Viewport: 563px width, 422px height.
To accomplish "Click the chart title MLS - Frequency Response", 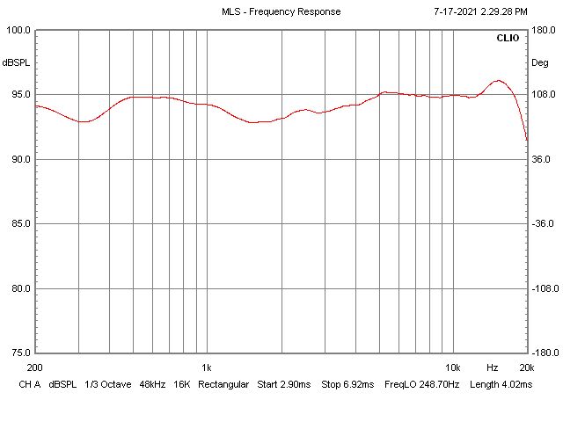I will pyautogui.click(x=281, y=12).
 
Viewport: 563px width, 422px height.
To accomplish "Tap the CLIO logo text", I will pyautogui.click(x=508, y=39).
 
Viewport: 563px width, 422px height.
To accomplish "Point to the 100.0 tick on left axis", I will pyautogui.click(x=18, y=30).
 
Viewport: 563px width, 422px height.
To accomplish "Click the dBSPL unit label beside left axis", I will pyautogui.click(x=16, y=62).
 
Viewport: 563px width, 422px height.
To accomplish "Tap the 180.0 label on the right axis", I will pyautogui.click(x=541, y=30).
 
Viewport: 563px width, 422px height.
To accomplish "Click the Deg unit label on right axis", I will pyautogui.click(x=539, y=62).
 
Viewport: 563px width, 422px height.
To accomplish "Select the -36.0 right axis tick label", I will pyautogui.click(x=541, y=224).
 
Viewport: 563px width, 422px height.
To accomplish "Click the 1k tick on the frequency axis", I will pyautogui.click(x=207, y=367).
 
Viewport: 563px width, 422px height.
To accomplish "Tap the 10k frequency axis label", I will pyautogui.click(x=453, y=367).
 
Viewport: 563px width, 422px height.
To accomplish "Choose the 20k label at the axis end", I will pyautogui.click(x=526, y=367).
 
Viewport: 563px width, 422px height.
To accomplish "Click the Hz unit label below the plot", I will pyautogui.click(x=493, y=367).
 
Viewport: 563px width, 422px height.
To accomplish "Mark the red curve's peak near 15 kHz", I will pyautogui.click(x=498, y=80).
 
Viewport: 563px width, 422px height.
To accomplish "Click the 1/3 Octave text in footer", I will pyautogui.click(x=102, y=385).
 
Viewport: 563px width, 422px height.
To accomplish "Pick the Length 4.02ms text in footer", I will pyautogui.click(x=501, y=385).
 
